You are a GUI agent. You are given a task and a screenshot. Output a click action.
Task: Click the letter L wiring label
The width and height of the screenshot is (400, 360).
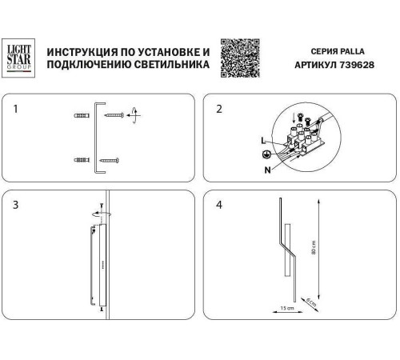tap(263, 141)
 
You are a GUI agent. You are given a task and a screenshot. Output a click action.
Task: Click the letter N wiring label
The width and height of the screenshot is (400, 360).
tap(267, 170)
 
